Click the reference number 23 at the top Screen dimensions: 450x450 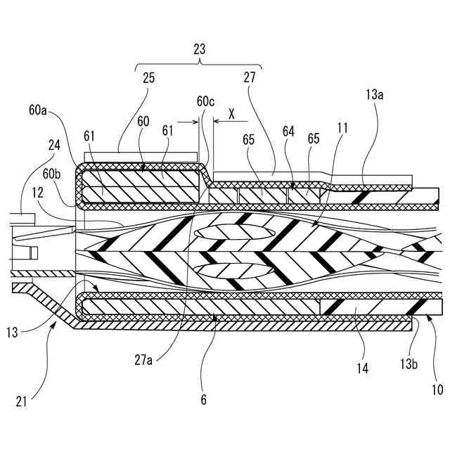pos(199,50)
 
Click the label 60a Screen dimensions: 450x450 pos(39,110)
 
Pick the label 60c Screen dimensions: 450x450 pos(205,101)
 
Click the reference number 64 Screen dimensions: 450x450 pos(288,131)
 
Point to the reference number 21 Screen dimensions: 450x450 pos(22,401)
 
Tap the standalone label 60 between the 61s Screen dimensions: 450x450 pos(143,121)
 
